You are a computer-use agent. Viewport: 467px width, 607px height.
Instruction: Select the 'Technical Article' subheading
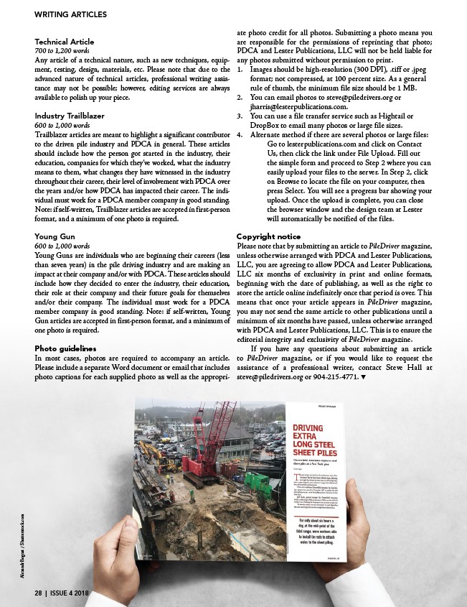(x=65, y=42)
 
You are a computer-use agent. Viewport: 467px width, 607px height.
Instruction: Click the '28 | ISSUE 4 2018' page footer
(x=62, y=593)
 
